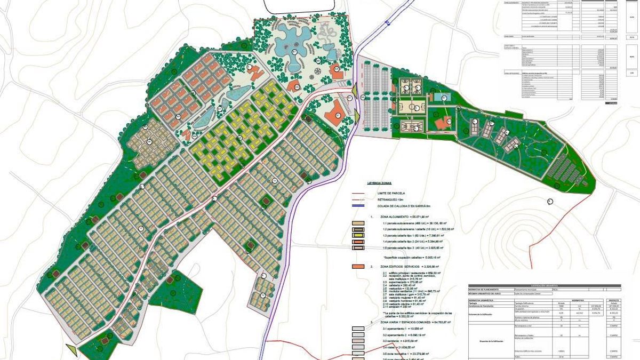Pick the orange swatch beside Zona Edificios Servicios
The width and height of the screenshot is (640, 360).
click(358, 266)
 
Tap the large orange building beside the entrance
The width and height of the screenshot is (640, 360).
click(334, 114)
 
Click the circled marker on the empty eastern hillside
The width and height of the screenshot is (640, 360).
click(550, 201)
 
